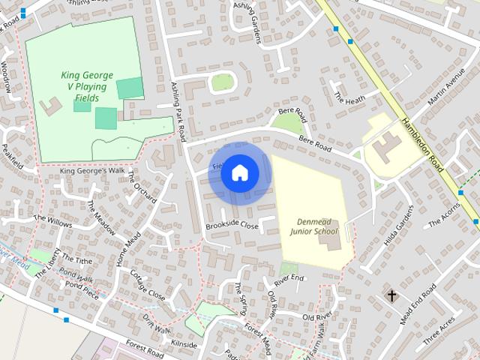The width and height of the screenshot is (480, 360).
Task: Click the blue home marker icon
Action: [x=239, y=172]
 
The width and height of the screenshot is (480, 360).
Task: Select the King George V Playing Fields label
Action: [x=87, y=87]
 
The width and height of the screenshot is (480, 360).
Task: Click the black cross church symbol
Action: [x=391, y=295]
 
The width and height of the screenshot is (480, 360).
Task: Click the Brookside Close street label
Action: [x=232, y=226]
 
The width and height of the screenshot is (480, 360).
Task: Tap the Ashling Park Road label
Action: [x=179, y=108]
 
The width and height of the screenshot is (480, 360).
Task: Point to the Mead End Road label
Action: [x=418, y=304]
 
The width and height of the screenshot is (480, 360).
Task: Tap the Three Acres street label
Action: [x=438, y=330]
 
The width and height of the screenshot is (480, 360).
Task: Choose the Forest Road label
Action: [x=144, y=349]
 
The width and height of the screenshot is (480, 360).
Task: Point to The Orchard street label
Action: [x=142, y=187]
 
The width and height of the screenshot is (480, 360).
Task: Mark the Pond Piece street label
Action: [x=82, y=289]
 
